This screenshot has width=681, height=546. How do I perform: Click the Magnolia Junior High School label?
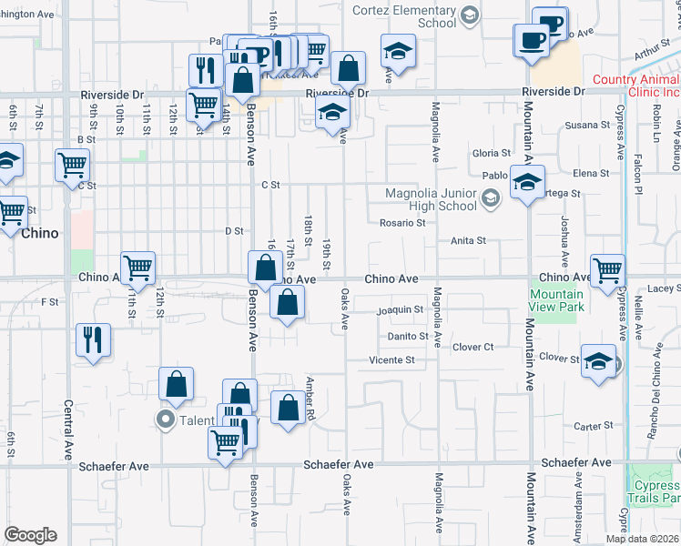[431, 198]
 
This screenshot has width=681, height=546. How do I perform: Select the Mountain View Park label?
[556, 300]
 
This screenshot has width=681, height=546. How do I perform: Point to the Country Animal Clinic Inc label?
[636, 86]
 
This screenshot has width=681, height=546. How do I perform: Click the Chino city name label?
[39, 233]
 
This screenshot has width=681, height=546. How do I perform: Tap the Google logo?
[30, 535]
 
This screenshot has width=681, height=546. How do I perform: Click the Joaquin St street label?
[401, 309]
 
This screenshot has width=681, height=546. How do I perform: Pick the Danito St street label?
[406, 336]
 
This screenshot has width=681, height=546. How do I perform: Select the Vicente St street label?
[391, 360]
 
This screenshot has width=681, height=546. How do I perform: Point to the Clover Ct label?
[473, 347]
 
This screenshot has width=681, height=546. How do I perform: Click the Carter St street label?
[594, 426]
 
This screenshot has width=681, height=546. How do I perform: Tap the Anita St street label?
[468, 240]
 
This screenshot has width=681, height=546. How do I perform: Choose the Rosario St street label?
[402, 223]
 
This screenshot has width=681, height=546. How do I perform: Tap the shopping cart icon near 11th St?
[137, 267]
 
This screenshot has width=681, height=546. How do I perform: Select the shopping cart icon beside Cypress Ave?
[608, 269]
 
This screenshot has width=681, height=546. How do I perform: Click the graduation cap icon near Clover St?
[598, 360]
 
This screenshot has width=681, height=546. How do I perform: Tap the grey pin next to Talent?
[166, 420]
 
